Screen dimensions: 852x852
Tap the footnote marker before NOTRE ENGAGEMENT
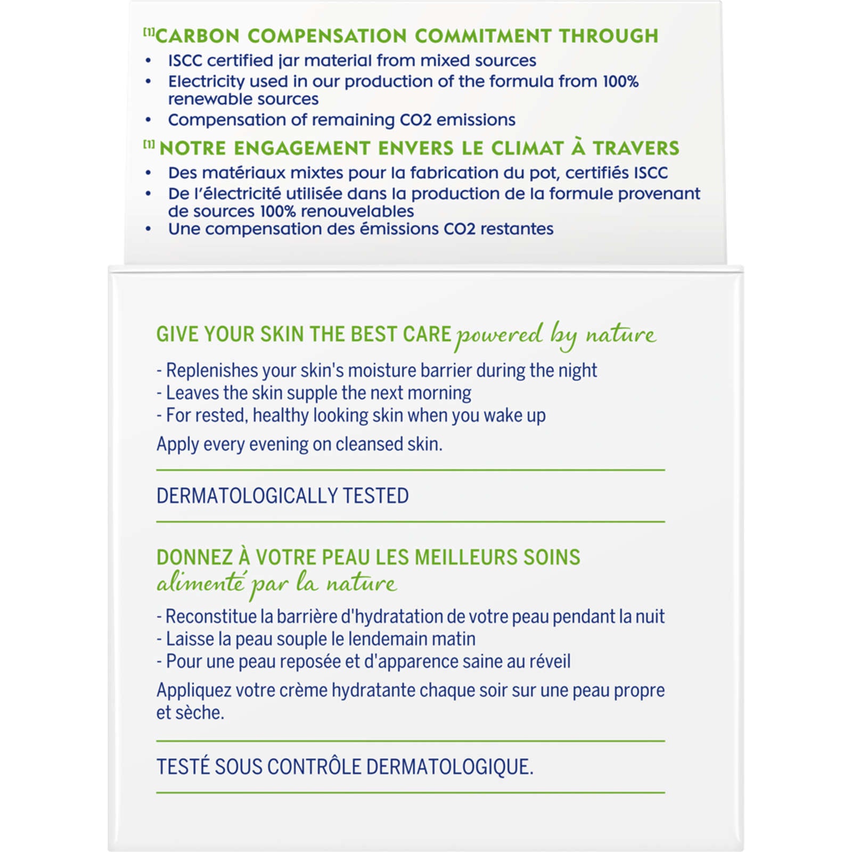click(149, 144)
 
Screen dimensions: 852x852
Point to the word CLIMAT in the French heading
click(527, 148)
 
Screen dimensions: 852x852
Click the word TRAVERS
click(636, 148)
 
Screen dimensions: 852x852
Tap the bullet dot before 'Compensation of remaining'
click(148, 120)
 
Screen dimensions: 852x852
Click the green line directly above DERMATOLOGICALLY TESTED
click(410, 470)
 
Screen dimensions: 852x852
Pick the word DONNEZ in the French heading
click(194, 558)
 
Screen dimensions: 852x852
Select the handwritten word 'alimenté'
click(201, 584)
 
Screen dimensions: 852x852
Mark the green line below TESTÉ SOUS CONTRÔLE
click(410, 793)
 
